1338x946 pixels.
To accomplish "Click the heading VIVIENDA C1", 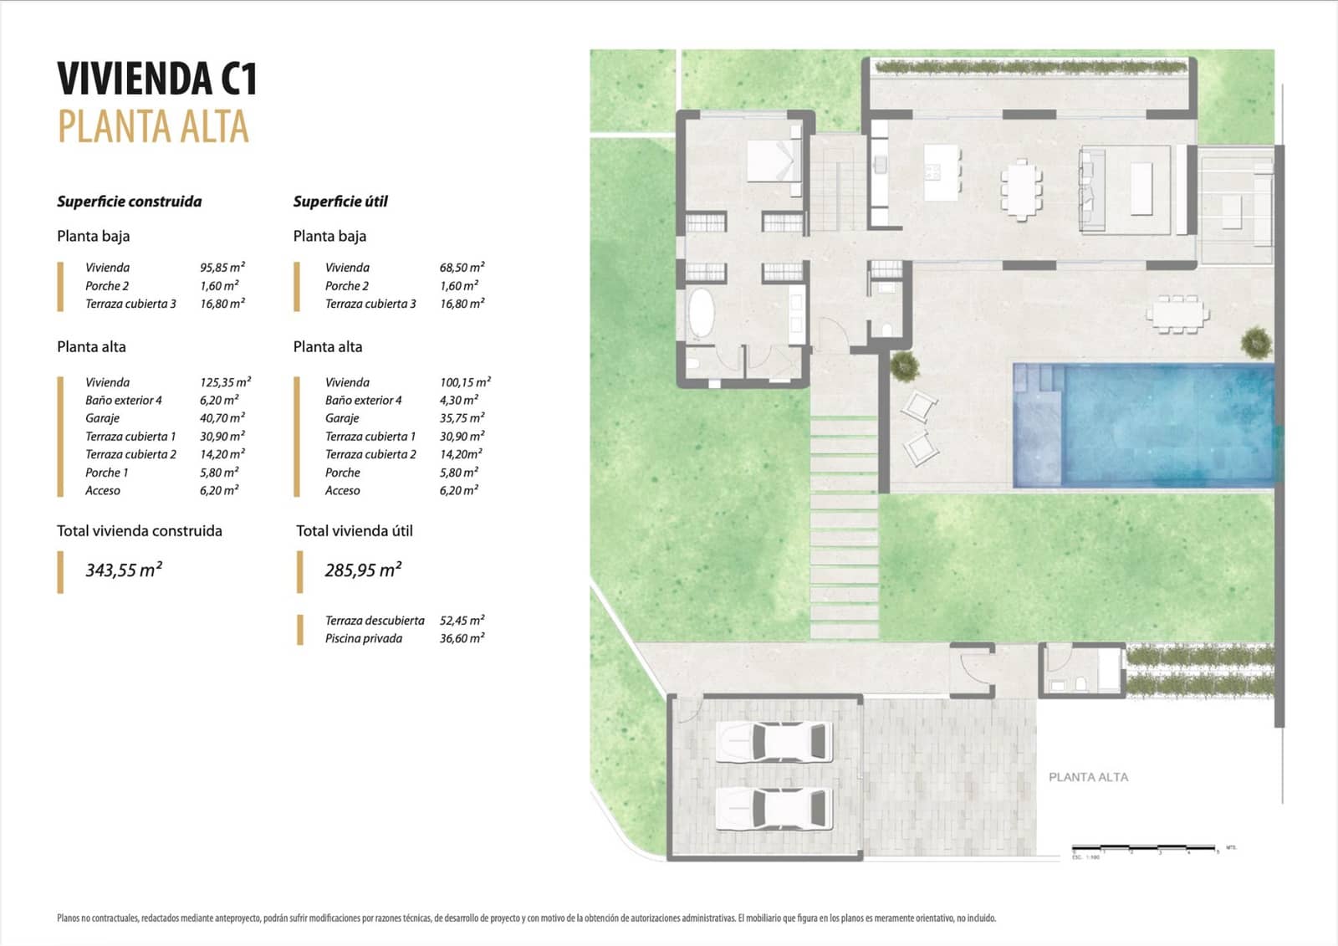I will pyautogui.click(x=157, y=79).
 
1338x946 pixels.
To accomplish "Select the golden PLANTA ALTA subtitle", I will pyautogui.click(x=153, y=127).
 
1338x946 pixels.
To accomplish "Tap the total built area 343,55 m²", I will pyautogui.click(x=124, y=570).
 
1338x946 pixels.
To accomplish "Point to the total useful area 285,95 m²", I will pyautogui.click(x=363, y=570).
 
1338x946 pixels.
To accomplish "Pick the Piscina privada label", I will pyautogui.click(x=363, y=638).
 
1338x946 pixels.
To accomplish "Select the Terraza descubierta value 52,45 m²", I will pyautogui.click(x=462, y=621).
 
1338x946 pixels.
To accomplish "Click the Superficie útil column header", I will pyautogui.click(x=340, y=202).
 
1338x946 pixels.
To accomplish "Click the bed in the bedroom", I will pyautogui.click(x=774, y=161).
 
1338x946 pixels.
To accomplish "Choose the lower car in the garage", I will pyautogui.click(x=774, y=809).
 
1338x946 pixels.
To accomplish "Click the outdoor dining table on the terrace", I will pyautogui.click(x=1177, y=314).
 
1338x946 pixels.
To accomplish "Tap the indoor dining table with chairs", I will pyautogui.click(x=1021, y=189).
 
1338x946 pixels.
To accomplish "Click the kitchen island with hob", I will pyautogui.click(x=942, y=172).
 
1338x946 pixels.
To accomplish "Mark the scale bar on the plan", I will pyautogui.click(x=1143, y=848).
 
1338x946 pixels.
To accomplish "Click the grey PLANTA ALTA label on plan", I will pyautogui.click(x=1088, y=777).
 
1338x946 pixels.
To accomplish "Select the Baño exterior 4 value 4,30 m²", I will pyautogui.click(x=458, y=401).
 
